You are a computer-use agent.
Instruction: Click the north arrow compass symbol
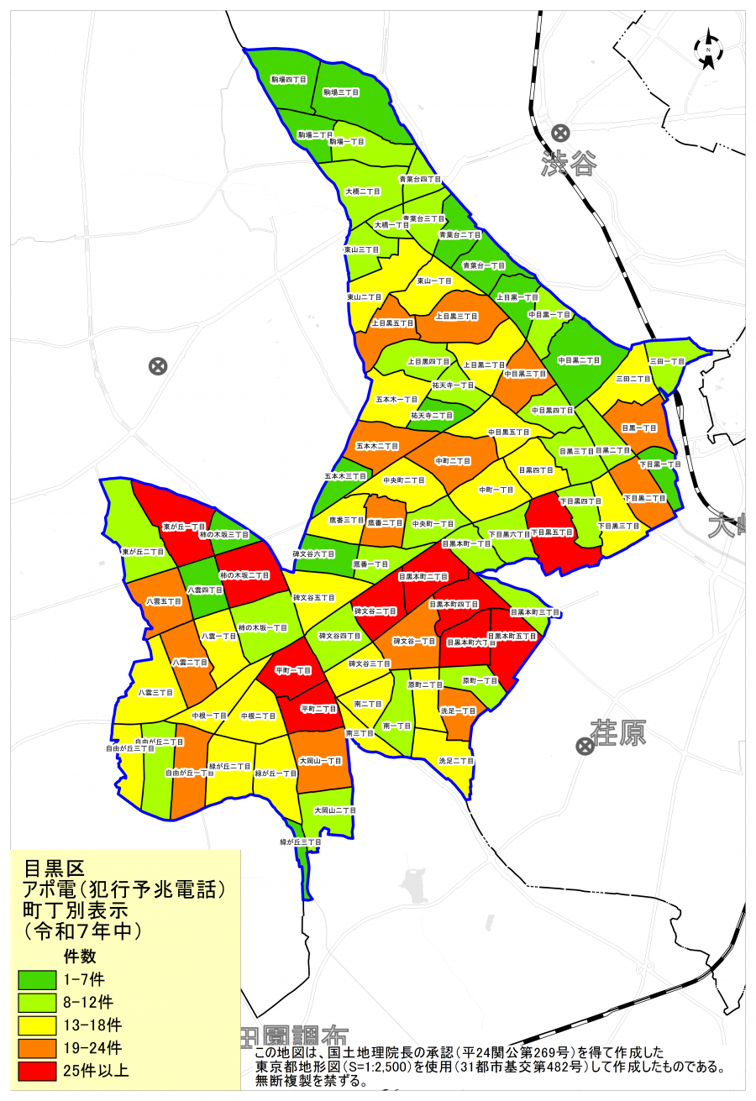click(709, 50)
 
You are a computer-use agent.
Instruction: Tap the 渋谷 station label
click(569, 164)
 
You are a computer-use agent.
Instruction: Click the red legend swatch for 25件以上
click(37, 1071)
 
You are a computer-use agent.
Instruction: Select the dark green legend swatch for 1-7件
click(37, 979)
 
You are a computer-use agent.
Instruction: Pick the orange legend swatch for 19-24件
click(37, 1048)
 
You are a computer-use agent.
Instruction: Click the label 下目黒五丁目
click(554, 532)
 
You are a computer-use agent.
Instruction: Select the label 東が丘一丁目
click(183, 527)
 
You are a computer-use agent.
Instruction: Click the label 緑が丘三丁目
click(301, 841)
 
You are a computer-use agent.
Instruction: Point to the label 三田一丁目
click(667, 361)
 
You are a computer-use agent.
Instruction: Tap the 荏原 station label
click(617, 733)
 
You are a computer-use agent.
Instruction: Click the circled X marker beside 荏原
click(584, 746)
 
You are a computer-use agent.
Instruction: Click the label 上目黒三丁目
click(456, 317)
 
